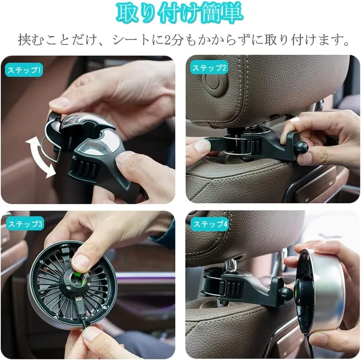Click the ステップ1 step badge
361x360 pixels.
24,70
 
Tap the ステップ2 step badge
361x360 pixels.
209,68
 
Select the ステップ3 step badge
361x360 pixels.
25,224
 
